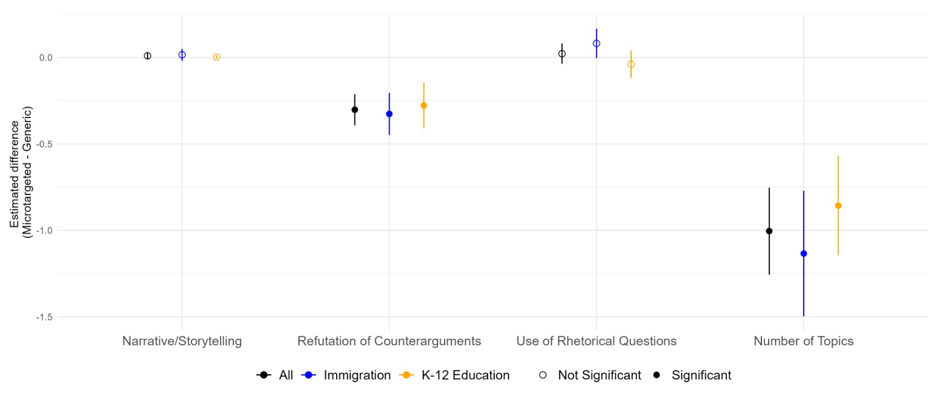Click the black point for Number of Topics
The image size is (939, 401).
coord(769,231)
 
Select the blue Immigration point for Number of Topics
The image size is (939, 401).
coord(804,254)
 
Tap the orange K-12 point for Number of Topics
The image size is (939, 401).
coord(838,206)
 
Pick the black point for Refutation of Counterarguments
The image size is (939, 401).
coord(355,110)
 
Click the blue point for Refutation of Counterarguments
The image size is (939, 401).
coord(389,114)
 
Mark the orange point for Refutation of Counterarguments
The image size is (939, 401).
coord(424,105)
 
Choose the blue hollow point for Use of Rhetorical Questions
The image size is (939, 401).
coord(597,43)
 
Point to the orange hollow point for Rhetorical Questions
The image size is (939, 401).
coord(631,65)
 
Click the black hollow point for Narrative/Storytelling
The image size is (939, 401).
coord(148,56)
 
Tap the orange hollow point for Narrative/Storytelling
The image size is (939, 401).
coord(217,57)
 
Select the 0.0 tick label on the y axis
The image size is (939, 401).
coord(46,58)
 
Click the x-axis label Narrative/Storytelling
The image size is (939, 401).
coord(182,341)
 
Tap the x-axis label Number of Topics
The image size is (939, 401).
coord(803,341)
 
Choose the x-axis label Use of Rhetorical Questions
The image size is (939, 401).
coord(596,341)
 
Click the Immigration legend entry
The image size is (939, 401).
coord(357,375)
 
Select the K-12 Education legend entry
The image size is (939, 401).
coord(465,375)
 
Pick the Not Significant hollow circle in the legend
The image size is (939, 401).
coord(543,375)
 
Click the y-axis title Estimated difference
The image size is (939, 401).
coord(14,173)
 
